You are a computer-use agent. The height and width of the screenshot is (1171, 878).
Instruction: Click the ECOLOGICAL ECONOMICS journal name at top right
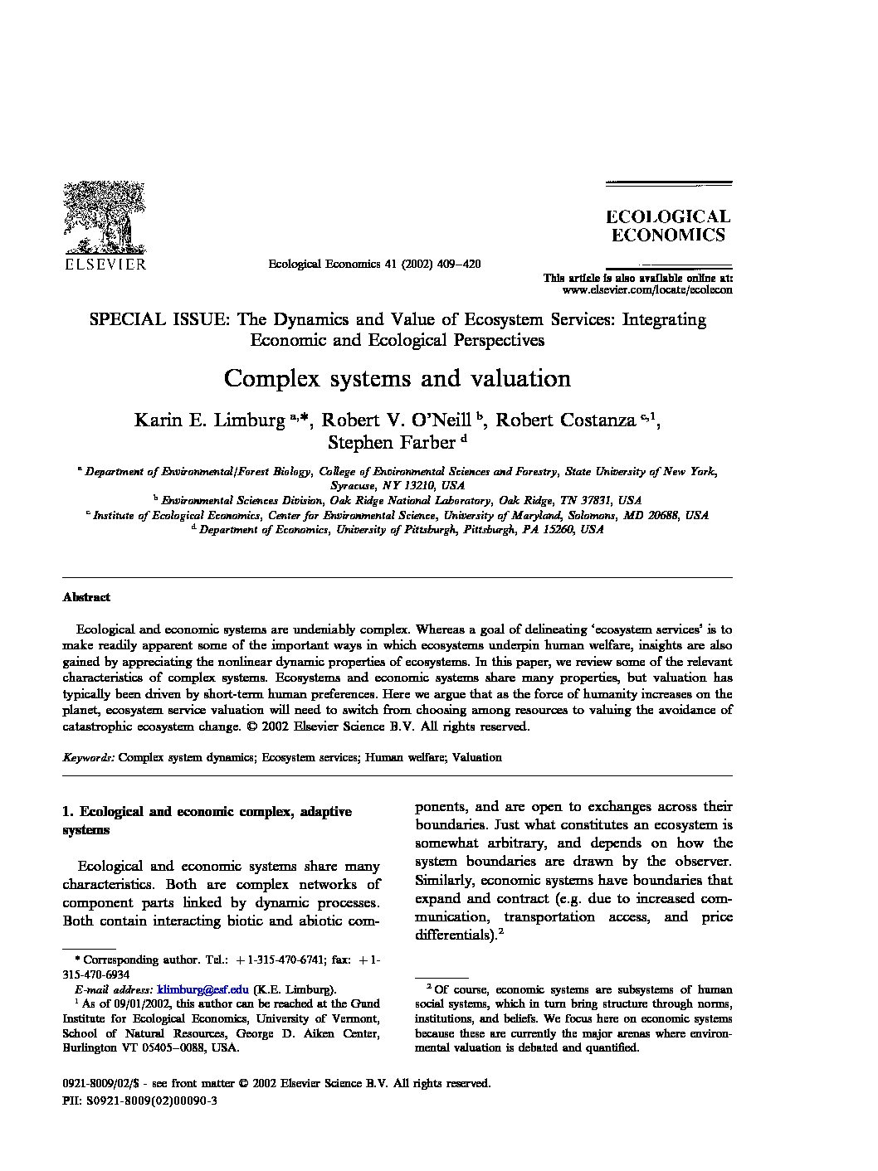tap(667, 226)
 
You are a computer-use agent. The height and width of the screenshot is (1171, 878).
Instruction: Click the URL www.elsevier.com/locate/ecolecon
tap(647, 290)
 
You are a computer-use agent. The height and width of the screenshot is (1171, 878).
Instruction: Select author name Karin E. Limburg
tap(209, 420)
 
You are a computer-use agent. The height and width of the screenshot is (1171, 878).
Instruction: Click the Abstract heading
tap(86, 597)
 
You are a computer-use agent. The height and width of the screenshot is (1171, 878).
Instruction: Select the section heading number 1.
tap(67, 812)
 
